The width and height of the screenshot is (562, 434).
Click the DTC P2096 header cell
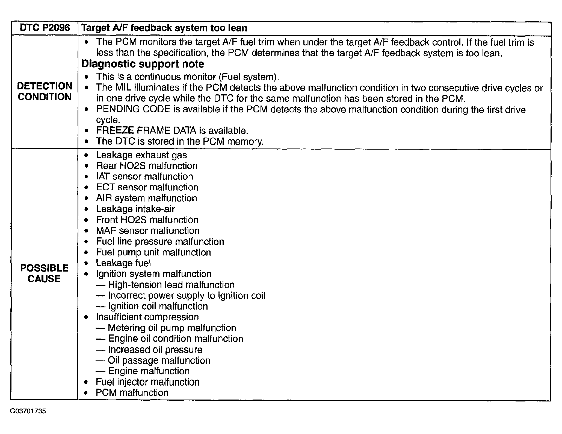[45, 28]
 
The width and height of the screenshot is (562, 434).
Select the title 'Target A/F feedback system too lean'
[164, 28]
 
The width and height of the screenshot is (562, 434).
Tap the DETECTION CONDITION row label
[45, 91]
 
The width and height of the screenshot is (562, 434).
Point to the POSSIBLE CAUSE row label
[44, 273]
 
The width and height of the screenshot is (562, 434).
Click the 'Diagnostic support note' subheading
[143, 64]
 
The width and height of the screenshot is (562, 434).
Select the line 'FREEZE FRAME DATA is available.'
[172, 130]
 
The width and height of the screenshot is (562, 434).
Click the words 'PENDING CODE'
[133, 109]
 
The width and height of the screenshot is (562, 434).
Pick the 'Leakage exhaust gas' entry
[141, 155]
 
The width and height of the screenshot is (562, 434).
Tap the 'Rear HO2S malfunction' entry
[147, 166]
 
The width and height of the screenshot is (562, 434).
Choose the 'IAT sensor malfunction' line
[144, 176]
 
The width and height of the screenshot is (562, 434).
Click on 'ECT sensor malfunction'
[147, 187]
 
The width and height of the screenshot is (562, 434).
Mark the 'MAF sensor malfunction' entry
[148, 231]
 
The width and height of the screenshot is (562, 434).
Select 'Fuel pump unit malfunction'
[153, 252]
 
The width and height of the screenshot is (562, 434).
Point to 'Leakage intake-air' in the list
[135, 209]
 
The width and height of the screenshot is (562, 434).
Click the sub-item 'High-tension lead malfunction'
[171, 285]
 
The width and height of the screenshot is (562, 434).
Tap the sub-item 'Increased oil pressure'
[155, 349]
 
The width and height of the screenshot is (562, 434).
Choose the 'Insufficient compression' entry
[147, 317]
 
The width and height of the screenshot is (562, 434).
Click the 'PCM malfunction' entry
[132, 393]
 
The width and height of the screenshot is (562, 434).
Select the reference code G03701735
[28, 411]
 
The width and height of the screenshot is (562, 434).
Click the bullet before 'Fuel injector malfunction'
[86, 382]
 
